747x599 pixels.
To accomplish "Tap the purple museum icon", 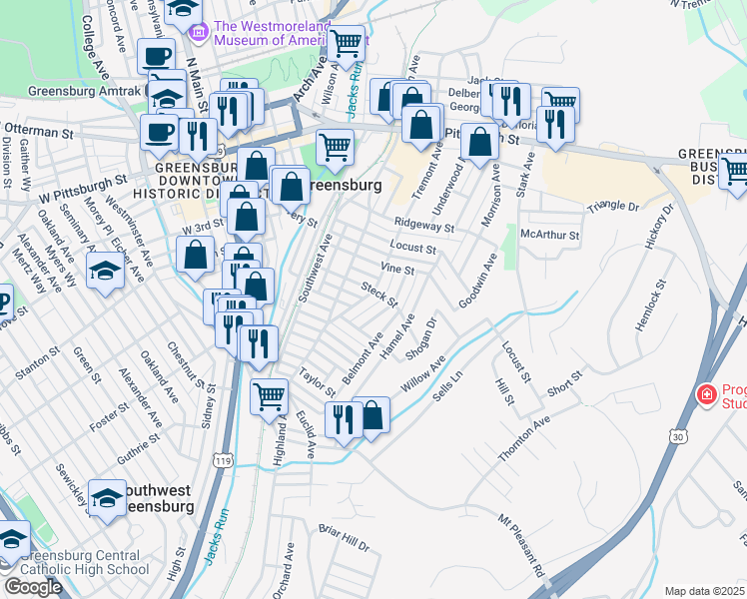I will point(199,33).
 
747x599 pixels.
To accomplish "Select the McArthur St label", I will point(550,236).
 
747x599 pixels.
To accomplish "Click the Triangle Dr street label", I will point(613,207).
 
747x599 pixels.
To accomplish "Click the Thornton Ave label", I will point(524,439).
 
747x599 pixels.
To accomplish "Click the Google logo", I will point(33,587).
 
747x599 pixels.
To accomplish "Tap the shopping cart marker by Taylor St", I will point(269,397).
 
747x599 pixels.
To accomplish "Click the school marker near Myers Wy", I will point(105,271).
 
